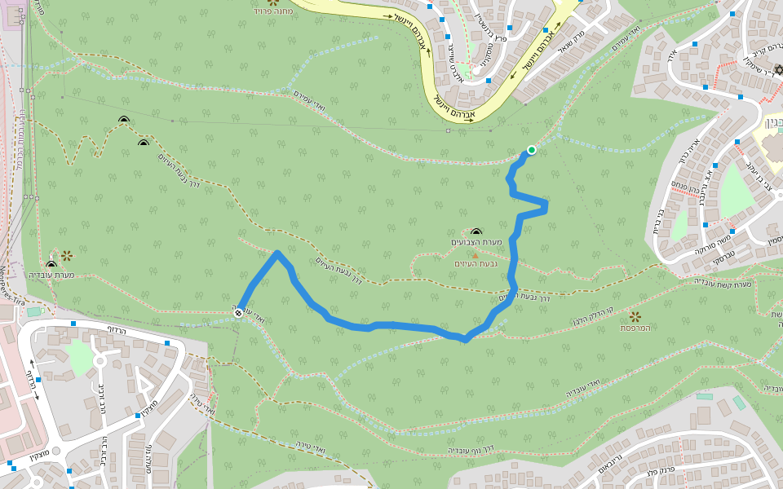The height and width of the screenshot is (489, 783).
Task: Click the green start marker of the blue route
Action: tap(532, 149)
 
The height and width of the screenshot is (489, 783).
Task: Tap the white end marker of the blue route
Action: tap(238, 313)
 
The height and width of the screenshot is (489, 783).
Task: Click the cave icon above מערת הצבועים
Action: tap(476, 232)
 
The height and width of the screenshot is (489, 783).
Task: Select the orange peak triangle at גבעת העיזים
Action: tap(476, 256)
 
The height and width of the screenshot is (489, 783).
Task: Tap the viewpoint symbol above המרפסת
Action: tap(635, 316)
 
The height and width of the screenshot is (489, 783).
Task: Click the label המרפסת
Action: tap(634, 328)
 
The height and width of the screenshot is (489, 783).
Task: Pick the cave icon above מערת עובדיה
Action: tap(51, 264)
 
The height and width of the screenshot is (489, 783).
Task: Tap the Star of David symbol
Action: tap(778, 71)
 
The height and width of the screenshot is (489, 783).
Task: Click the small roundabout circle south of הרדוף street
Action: tap(100, 359)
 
